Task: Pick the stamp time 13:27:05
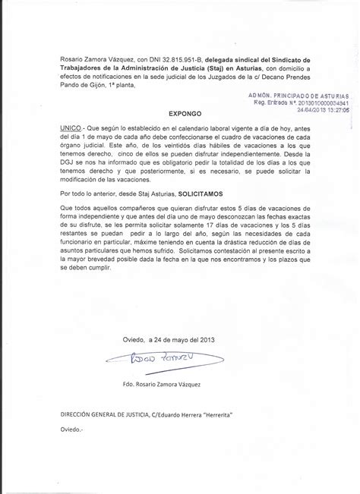click(333, 109)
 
